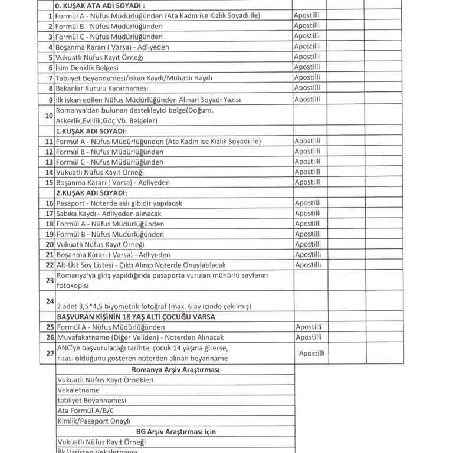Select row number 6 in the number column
[50, 68]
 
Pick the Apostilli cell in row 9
[307, 99]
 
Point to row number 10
[49, 115]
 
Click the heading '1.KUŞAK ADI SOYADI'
[91, 131]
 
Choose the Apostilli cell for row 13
[307, 162]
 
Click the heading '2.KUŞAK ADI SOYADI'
[91, 193]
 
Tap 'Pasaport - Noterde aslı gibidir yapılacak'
[119, 203]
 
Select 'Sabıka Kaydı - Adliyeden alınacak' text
[109, 214]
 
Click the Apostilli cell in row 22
[307, 265]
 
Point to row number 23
[49, 280]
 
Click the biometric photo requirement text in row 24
[154, 306]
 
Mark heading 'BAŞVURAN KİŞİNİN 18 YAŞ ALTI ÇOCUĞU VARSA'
[135, 317]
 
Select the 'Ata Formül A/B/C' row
[86, 411]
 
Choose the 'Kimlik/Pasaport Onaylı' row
[93, 421]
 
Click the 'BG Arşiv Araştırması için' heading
[175, 431]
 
